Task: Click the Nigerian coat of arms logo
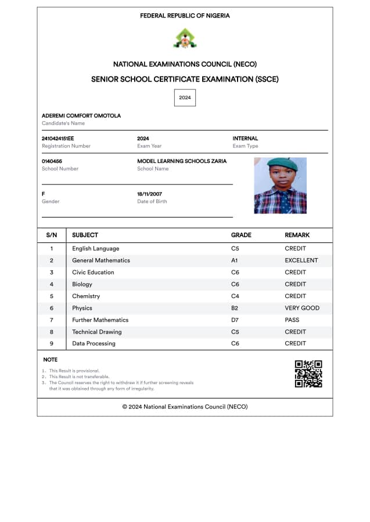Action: pyautogui.click(x=185, y=39)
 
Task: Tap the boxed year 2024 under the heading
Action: pyautogui.click(x=185, y=97)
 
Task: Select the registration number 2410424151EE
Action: pyautogui.click(x=58, y=139)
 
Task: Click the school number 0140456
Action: pyautogui.click(x=52, y=161)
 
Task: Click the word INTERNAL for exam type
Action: pyautogui.click(x=245, y=139)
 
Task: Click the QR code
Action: pyautogui.click(x=308, y=374)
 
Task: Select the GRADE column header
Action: pyautogui.click(x=241, y=235)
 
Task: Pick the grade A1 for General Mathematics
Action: pyautogui.click(x=235, y=260)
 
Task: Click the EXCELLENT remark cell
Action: pyautogui.click(x=301, y=260)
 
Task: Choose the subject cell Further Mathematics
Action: pyautogui.click(x=100, y=320)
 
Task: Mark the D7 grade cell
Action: pyautogui.click(x=235, y=320)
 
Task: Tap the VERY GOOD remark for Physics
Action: pyautogui.click(x=302, y=308)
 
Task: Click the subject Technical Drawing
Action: pyautogui.click(x=96, y=332)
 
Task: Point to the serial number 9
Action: pyautogui.click(x=51, y=343)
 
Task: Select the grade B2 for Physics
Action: pyautogui.click(x=235, y=308)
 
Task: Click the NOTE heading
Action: pyautogui.click(x=50, y=360)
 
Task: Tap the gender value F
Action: pyautogui.click(x=44, y=194)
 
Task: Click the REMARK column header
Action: pyautogui.click(x=297, y=235)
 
